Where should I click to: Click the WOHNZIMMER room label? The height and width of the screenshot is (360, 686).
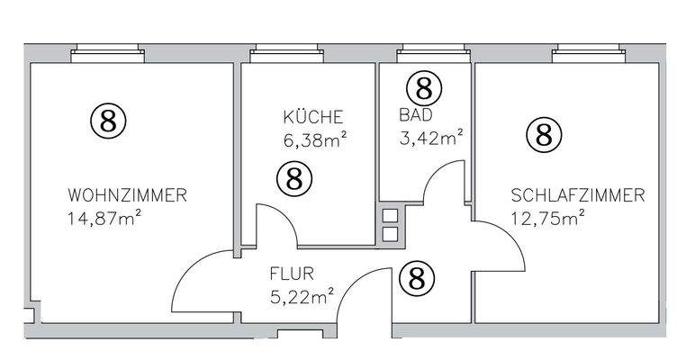[127, 195]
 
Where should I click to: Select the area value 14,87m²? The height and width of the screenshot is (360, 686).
[105, 217]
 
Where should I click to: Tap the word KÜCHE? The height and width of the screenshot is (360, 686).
[313, 117]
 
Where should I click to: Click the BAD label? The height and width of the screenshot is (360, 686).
[415, 115]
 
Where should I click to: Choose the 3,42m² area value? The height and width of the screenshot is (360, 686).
[430, 138]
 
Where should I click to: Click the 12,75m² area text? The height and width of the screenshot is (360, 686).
[548, 217]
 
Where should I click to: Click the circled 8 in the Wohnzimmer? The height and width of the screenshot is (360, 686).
[108, 121]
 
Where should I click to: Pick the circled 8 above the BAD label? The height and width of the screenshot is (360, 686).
[424, 88]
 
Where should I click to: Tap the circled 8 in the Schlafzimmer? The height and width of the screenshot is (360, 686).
[544, 135]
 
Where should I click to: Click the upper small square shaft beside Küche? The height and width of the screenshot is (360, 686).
[390, 216]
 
